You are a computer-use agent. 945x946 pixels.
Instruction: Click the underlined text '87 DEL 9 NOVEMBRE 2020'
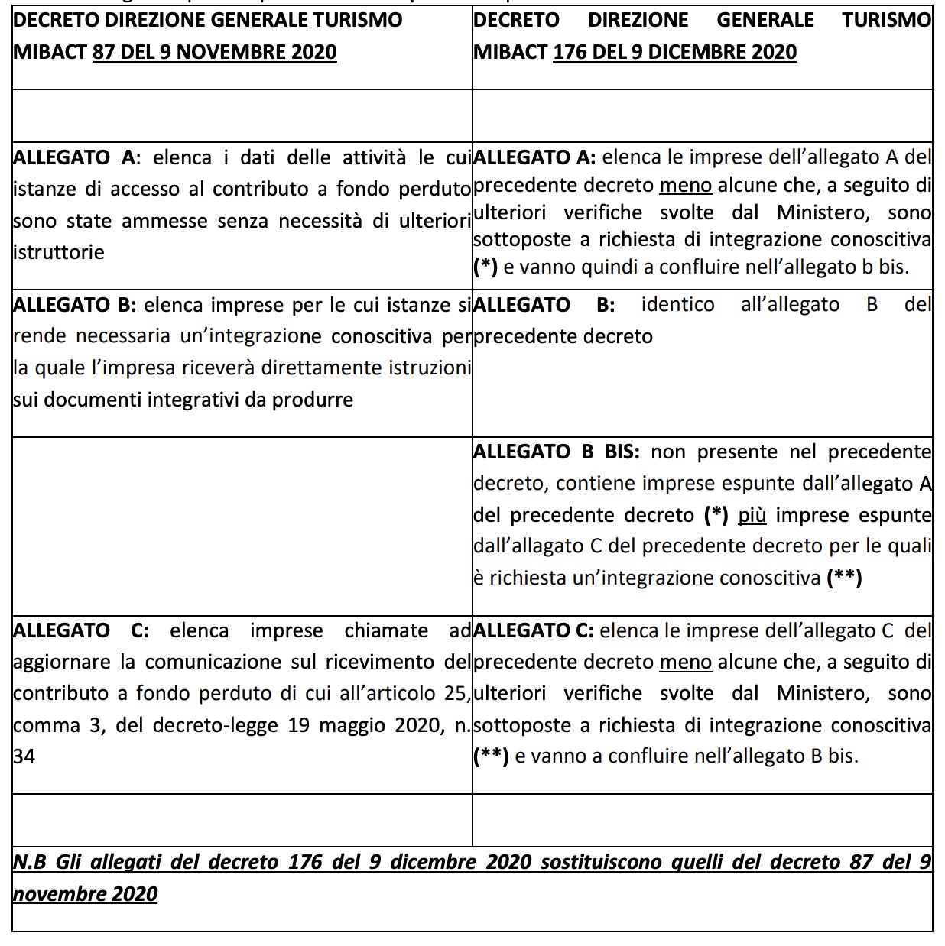click(x=214, y=52)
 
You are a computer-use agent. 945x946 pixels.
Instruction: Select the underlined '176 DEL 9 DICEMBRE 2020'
click(x=674, y=52)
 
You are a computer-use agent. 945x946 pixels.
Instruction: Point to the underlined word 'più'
click(x=752, y=515)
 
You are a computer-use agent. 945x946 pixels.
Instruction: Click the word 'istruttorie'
click(x=59, y=252)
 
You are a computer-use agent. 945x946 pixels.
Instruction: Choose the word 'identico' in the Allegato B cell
click(x=677, y=305)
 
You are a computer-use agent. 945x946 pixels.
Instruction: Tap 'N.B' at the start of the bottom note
click(x=30, y=862)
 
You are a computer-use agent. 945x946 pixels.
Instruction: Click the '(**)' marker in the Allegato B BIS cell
click(x=845, y=578)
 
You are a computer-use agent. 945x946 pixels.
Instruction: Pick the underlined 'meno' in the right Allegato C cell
click(x=685, y=662)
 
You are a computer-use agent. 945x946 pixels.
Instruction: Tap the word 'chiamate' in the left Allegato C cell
click(x=386, y=630)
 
